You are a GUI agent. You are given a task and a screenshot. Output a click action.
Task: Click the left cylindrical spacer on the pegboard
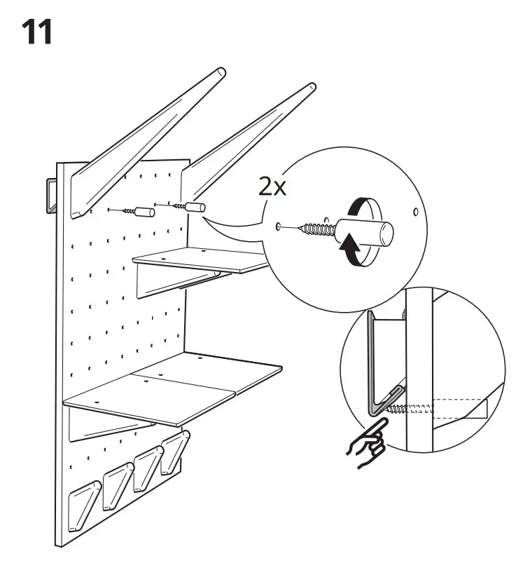click(x=143, y=211)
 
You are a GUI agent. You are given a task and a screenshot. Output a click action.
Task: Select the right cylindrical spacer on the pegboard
click(x=194, y=207)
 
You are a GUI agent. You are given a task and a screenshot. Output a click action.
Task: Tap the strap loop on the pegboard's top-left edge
click(x=50, y=194)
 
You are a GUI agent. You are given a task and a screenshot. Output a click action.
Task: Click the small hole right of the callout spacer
click(x=416, y=210)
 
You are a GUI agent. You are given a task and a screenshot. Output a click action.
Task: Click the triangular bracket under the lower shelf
click(x=112, y=428)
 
